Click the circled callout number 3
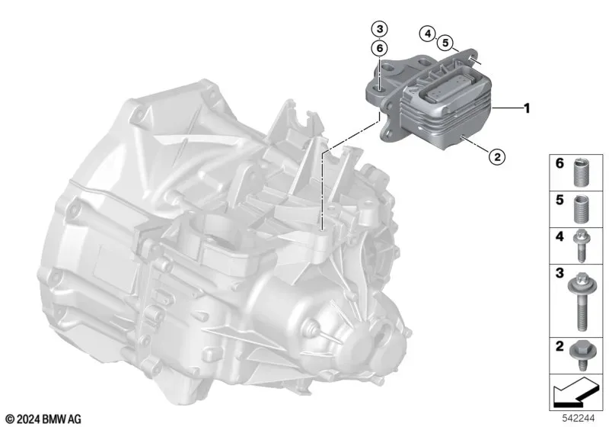tap(379, 29)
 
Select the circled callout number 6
tap(379, 48)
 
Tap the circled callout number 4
tap(428, 34)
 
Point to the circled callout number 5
tap(445, 43)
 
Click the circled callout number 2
tap(497, 157)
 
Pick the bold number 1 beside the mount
tap(527, 108)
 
